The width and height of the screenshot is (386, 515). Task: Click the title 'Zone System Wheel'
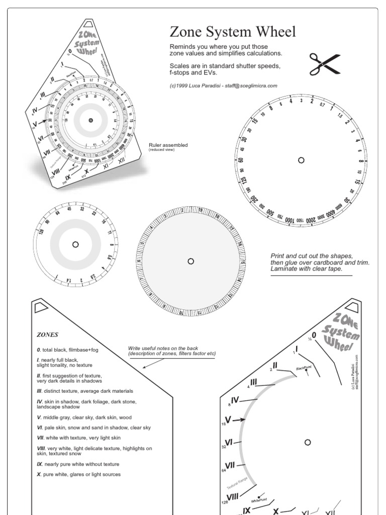point(233,33)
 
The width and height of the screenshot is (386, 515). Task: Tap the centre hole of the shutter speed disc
point(301,160)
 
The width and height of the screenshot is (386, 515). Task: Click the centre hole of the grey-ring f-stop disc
point(75,244)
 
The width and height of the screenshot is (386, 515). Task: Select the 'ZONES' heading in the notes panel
point(48,333)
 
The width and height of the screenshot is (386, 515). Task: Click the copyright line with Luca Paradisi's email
point(223,85)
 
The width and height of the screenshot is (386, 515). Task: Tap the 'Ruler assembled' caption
point(168,145)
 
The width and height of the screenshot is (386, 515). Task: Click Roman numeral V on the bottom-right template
point(228,419)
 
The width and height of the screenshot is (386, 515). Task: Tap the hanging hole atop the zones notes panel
point(40,307)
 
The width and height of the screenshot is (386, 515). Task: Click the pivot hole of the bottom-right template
point(308,442)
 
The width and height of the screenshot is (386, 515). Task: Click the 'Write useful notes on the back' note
point(171,351)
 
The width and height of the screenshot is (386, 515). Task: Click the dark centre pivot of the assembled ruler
point(90,120)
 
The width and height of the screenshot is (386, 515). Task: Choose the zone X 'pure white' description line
point(78,474)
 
